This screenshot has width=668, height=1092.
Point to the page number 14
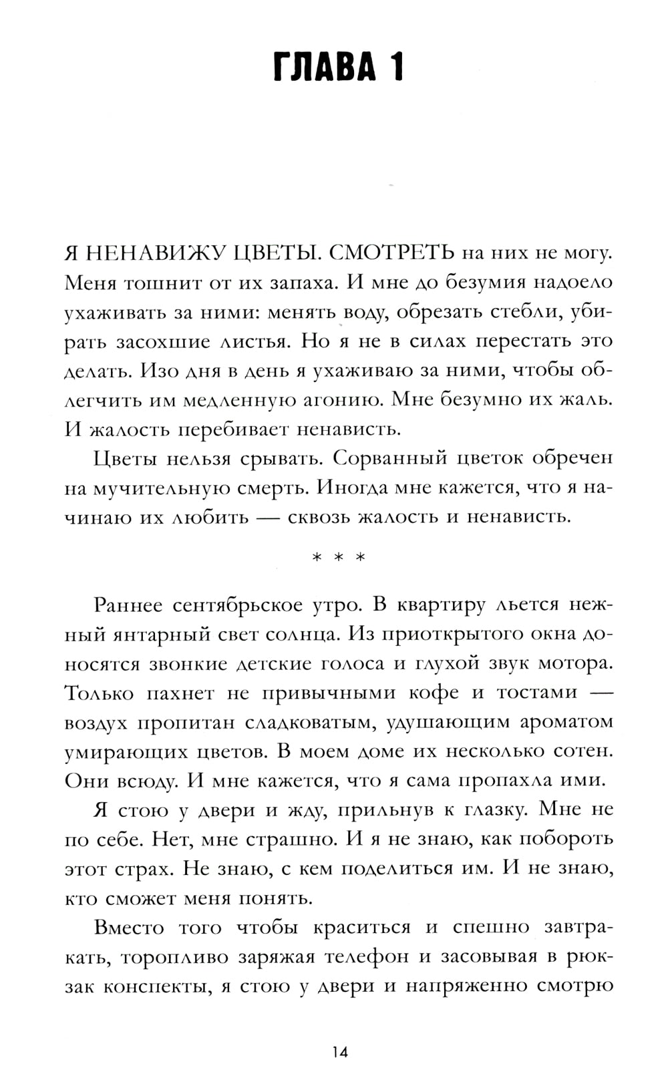339,1053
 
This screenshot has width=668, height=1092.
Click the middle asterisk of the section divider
339,558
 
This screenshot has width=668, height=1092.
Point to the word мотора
576,664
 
